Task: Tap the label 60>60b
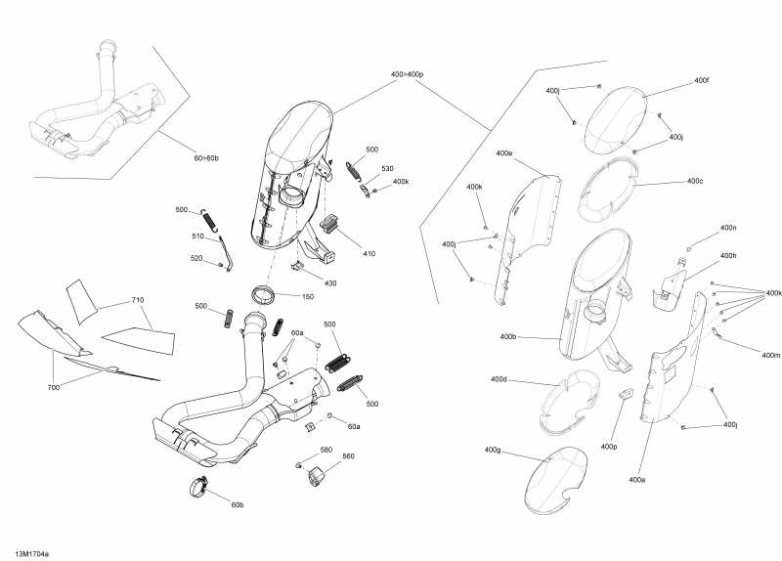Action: coord(206,157)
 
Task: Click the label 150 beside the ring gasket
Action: coord(308,296)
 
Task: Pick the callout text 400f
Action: coord(701,80)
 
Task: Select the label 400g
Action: coord(492,450)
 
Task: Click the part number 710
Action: coord(137,301)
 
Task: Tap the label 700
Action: coord(54,388)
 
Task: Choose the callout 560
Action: coord(348,456)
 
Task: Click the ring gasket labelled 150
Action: coord(265,293)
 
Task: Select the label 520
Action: coord(196,259)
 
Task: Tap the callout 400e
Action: coord(504,153)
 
